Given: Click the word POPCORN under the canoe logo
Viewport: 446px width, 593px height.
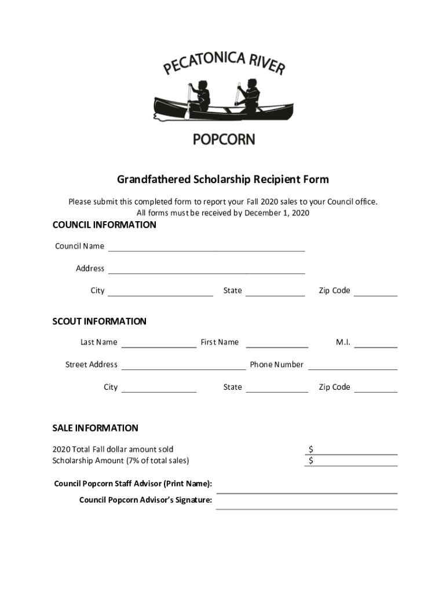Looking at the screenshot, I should click(x=223, y=139).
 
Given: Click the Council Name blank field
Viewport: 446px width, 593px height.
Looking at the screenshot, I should click(x=206, y=247).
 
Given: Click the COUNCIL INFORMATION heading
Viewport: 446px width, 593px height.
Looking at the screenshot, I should click(x=104, y=225).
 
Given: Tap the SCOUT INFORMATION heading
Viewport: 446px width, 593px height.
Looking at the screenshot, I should click(x=99, y=321).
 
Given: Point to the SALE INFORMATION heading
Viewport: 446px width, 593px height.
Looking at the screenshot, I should click(x=95, y=428).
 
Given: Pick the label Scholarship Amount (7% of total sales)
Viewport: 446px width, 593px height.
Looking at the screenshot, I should click(x=120, y=460).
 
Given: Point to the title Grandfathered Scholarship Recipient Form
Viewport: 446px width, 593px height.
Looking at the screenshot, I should click(x=223, y=180).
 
